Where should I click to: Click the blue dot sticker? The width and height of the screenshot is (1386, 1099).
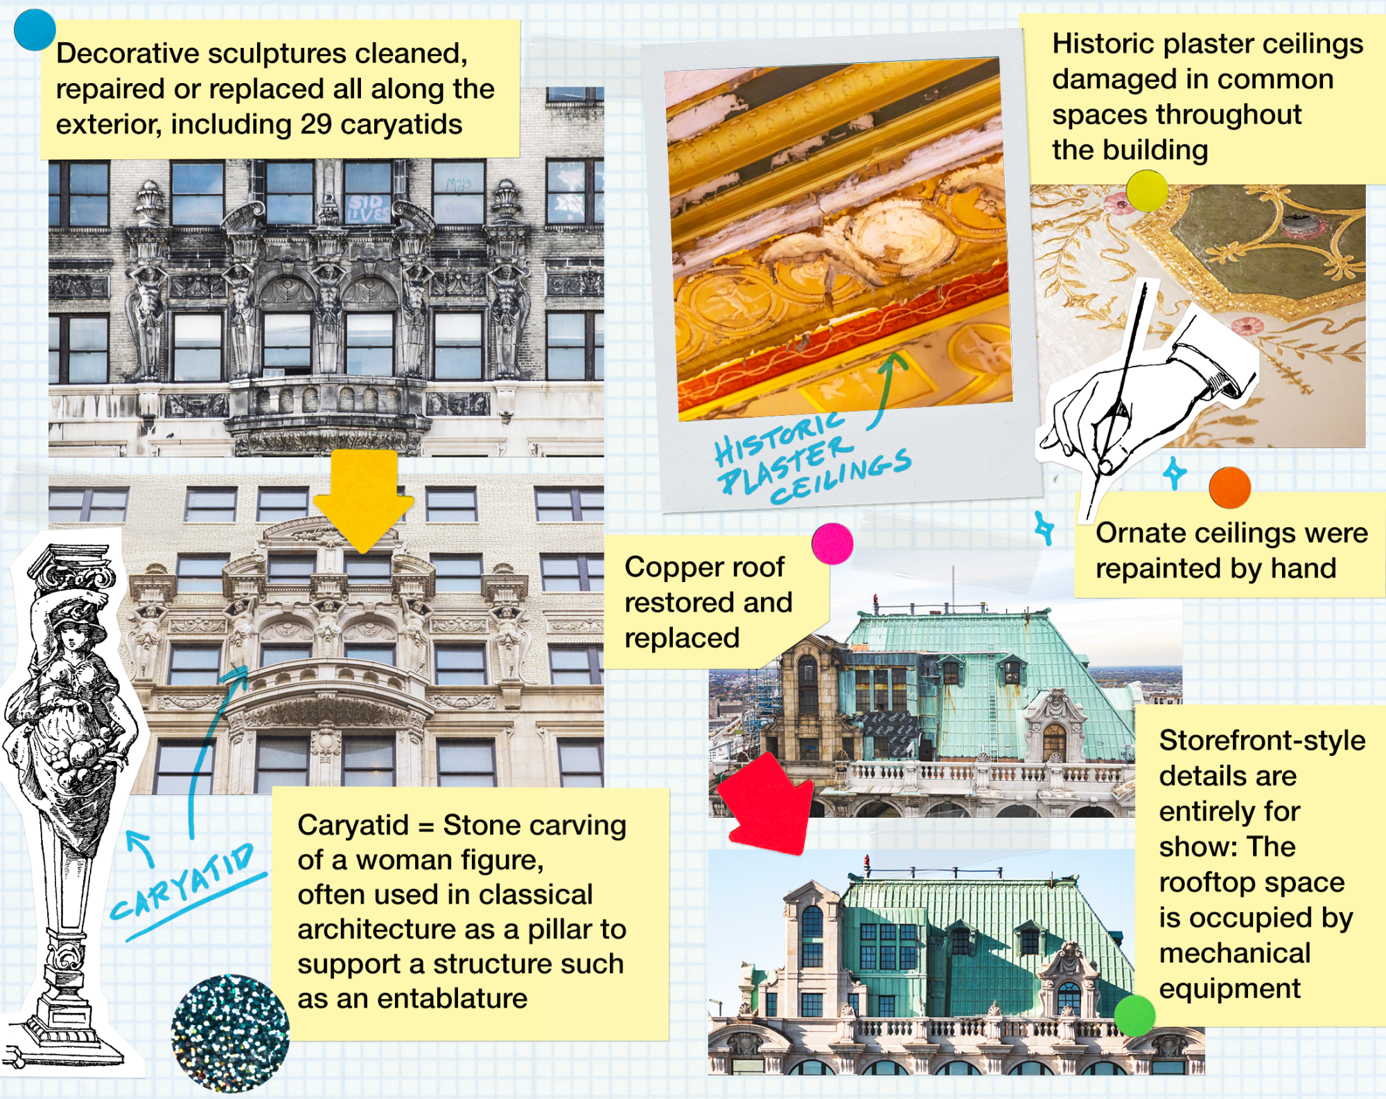click(x=34, y=30)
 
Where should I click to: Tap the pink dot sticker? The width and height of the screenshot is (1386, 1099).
click(x=832, y=543)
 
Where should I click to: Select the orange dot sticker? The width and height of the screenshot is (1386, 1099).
click(x=1229, y=488)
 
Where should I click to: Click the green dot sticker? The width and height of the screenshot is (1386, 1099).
click(x=1134, y=1015)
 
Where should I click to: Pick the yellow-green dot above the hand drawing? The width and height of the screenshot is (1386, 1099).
click(x=1147, y=190)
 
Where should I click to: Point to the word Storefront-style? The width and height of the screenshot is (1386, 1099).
click(x=1262, y=741)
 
